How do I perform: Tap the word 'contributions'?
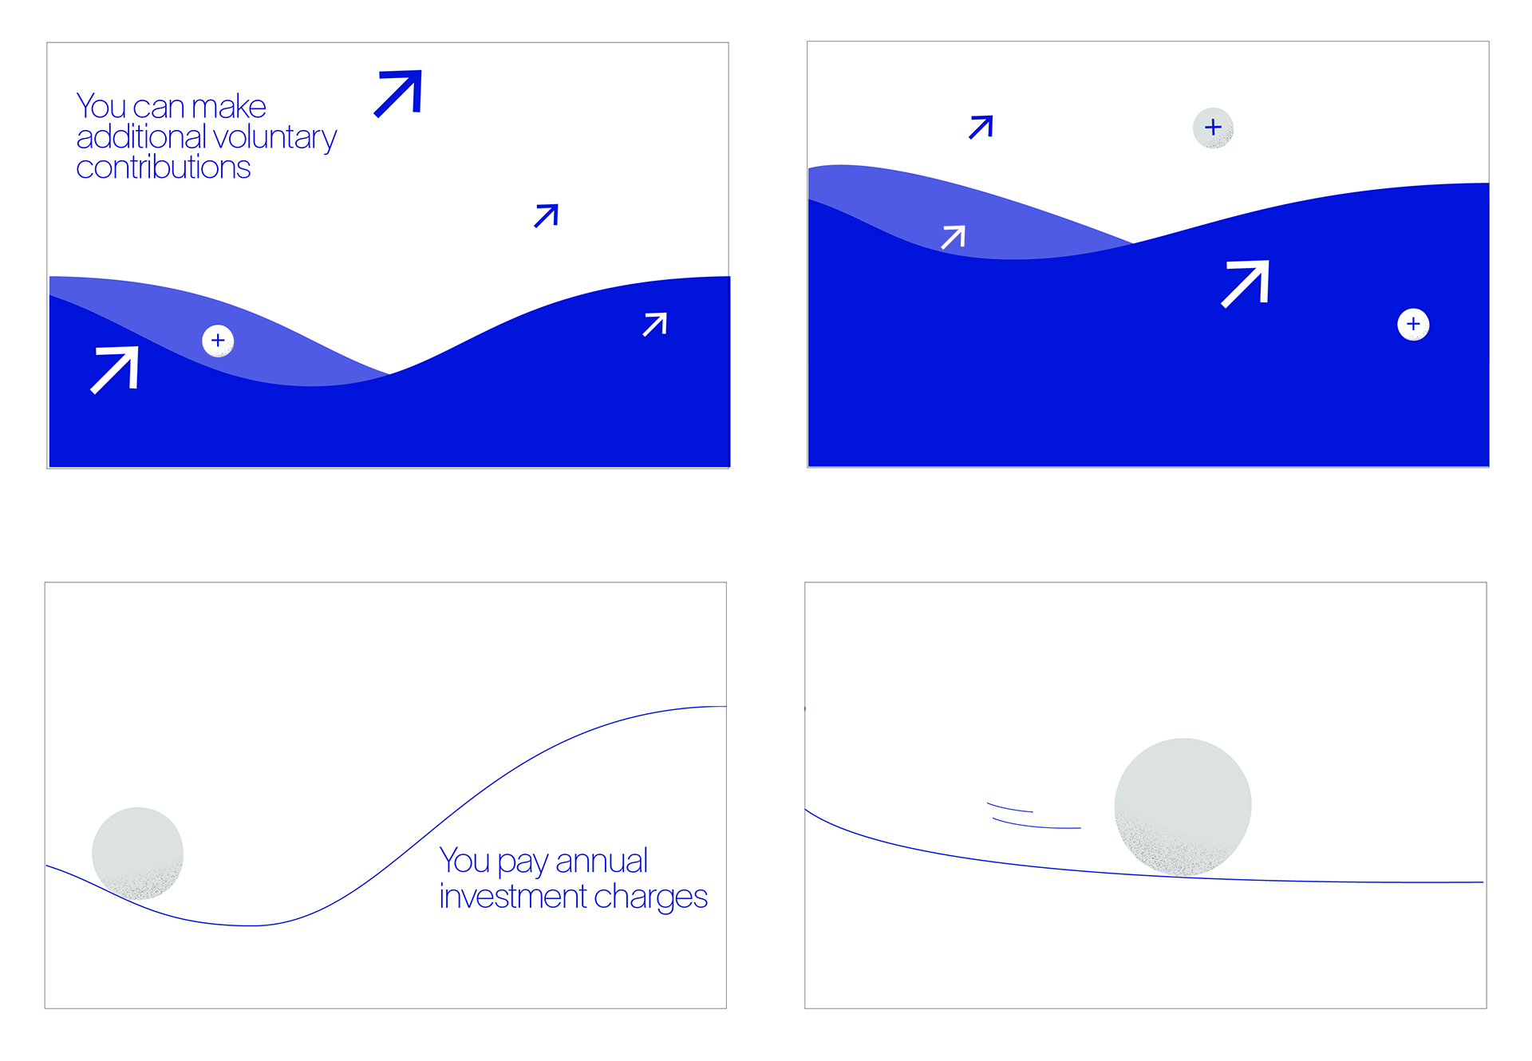click(x=164, y=168)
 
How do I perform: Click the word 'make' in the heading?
click(x=229, y=107)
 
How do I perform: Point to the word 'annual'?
click(x=602, y=862)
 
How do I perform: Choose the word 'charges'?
click(x=650, y=897)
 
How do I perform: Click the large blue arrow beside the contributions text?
click(x=399, y=93)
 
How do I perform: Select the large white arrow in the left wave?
click(x=115, y=369)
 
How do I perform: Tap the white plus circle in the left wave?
click(x=218, y=341)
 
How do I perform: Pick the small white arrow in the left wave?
click(x=655, y=324)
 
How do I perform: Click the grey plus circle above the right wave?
click(x=1213, y=128)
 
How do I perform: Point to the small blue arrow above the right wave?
click(x=981, y=127)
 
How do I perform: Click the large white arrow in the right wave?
click(x=1246, y=283)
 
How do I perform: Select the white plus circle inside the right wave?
click(x=1413, y=324)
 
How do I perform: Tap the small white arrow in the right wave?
click(x=954, y=237)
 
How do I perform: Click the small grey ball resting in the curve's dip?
click(x=137, y=853)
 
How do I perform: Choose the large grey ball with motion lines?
click(x=1183, y=807)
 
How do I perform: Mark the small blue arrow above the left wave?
click(x=547, y=215)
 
